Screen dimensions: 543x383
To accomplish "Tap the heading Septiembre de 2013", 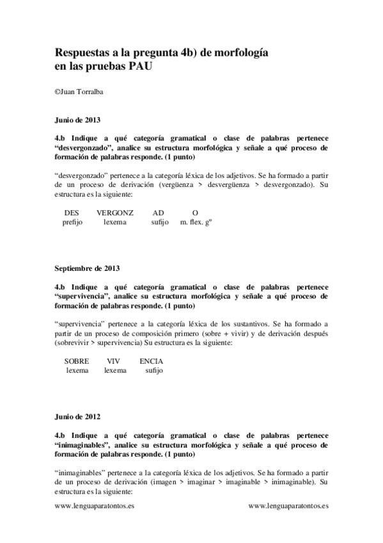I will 87,268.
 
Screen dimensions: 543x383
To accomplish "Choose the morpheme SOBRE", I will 77,361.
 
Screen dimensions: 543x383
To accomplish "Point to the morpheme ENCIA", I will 152,361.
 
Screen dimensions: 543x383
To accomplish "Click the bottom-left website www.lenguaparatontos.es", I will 95,505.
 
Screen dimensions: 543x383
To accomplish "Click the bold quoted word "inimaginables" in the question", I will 82,444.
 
